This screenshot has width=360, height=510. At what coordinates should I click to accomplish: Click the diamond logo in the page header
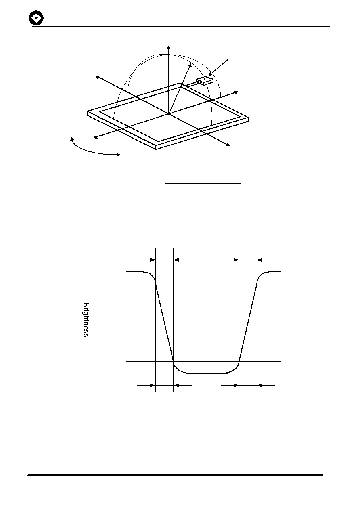tap(36, 18)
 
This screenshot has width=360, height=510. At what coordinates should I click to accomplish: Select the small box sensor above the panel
tap(205, 81)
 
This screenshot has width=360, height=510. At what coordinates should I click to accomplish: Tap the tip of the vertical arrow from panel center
tap(168, 46)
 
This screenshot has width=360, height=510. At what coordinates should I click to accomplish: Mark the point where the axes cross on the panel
tap(168, 113)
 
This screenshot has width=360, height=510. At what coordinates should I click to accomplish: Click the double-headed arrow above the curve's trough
tap(206, 260)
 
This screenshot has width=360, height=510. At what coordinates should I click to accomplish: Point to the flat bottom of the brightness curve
tap(206, 373)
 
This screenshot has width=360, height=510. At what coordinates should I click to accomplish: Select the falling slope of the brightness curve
tap(164, 323)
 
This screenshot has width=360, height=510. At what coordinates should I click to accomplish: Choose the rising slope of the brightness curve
tap(248, 323)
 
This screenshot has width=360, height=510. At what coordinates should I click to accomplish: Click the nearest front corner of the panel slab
tap(156, 149)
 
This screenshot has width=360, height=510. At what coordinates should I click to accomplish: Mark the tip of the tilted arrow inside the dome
tap(191, 63)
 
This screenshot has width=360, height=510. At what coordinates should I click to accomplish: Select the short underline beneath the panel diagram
tap(203, 183)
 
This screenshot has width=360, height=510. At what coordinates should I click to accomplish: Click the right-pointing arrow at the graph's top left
tap(134, 260)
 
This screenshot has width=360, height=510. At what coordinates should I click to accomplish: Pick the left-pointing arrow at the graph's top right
tap(272, 260)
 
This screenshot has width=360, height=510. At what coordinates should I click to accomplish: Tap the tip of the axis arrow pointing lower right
tap(230, 146)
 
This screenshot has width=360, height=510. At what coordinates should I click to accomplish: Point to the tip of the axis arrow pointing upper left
tap(95, 76)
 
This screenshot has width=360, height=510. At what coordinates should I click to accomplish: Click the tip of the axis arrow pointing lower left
tap(93, 138)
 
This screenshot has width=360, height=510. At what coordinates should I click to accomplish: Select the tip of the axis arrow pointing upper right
tap(238, 92)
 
